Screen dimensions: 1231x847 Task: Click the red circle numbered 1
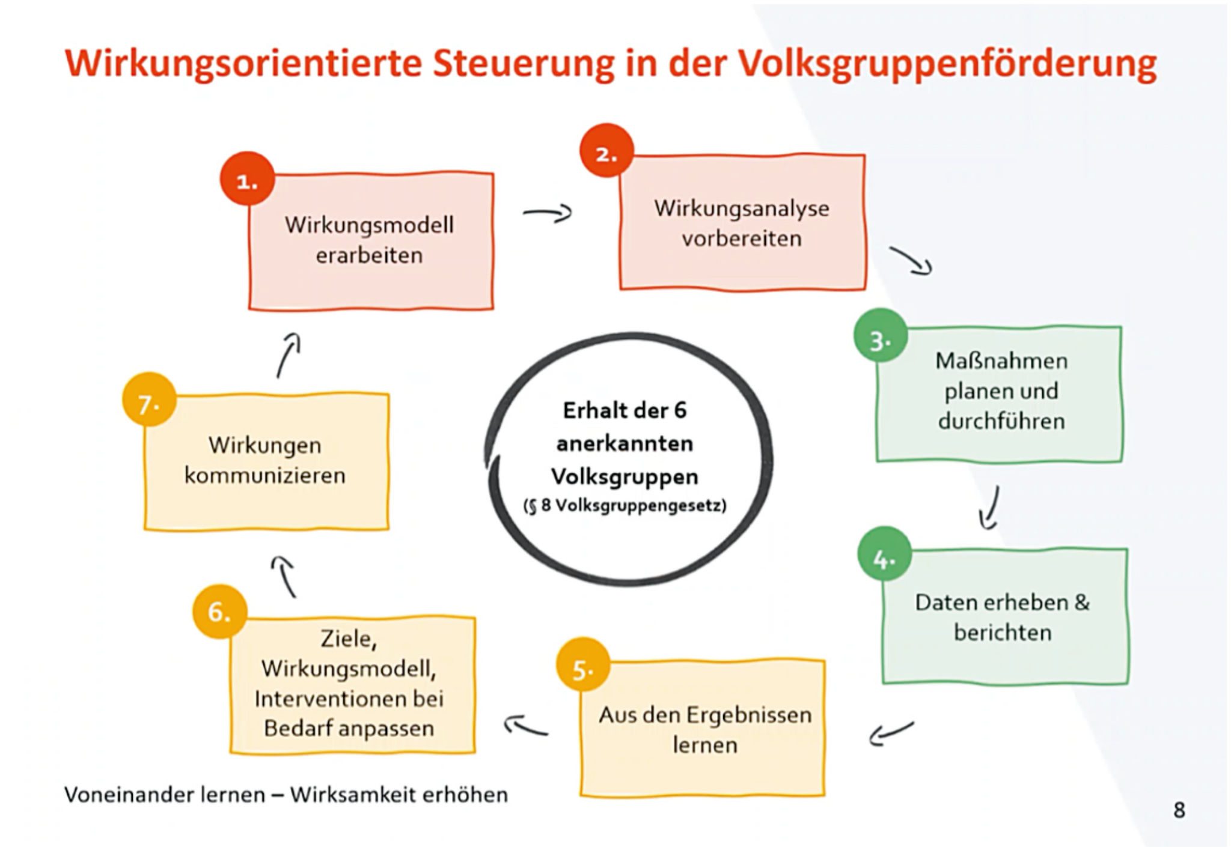247,179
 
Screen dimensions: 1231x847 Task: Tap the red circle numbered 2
606,151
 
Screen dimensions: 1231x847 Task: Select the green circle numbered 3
881,335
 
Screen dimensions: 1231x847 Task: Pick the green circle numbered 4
884,554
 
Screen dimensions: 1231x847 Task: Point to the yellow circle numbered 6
220,612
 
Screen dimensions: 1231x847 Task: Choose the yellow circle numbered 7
149,399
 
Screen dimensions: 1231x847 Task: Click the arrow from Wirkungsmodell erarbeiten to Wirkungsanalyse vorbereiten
548,213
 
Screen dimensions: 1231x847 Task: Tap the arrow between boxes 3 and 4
990,508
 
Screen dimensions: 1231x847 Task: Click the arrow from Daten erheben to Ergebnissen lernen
891,733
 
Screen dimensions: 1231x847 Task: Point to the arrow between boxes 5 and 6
526,726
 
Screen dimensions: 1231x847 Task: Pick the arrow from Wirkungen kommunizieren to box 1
289,355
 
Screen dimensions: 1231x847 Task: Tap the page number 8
1179,810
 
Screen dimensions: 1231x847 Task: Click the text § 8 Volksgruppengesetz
625,506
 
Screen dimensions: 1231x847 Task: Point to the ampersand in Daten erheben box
1081,602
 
